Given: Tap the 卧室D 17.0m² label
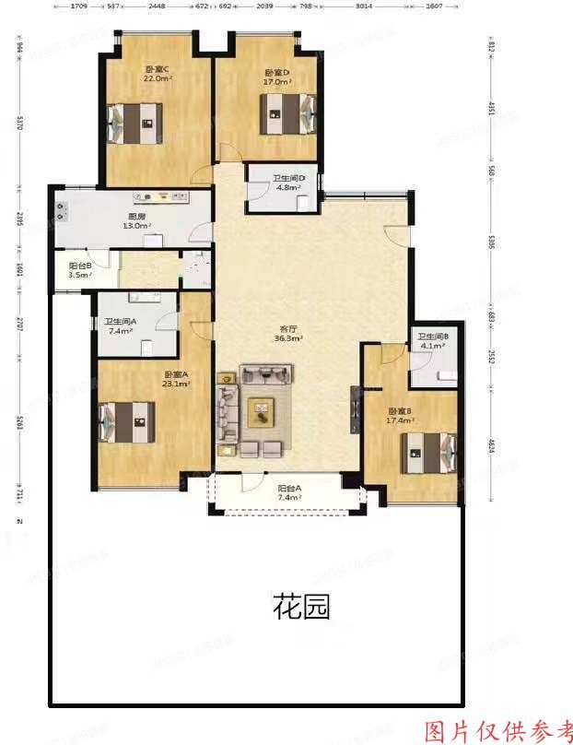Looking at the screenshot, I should pos(276,77).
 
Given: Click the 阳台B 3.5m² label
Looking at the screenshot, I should pos(80,270).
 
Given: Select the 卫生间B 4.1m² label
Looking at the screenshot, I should pos(431,342).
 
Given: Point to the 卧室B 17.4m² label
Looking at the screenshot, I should pos(401,416).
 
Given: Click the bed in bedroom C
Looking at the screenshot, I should pos(135,121).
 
